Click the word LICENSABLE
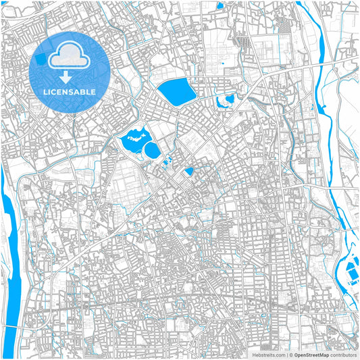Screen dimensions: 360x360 coord(70,91)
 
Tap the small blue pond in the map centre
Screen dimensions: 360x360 coord(189,172)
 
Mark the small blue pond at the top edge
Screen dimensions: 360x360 coord(220,6)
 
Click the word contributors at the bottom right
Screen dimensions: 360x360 coord(343,354)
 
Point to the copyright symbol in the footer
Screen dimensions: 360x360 coord(290,354)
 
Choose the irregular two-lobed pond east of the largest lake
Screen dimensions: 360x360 coord(225,102)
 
